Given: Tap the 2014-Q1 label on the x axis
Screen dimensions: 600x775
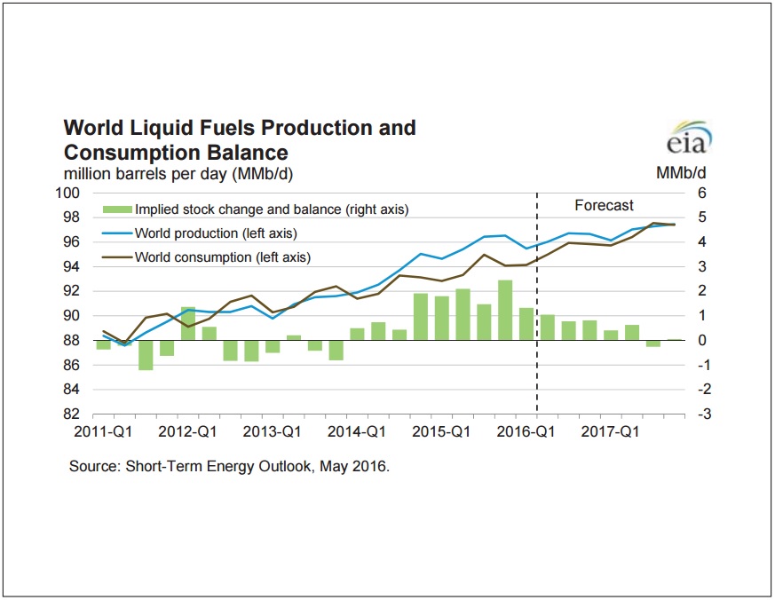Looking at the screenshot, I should pos(362,432).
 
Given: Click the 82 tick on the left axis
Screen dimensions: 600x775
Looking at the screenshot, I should pos(73,414).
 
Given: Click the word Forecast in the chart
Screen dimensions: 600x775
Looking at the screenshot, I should pos(604,206).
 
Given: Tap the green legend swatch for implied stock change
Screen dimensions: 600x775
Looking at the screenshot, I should pos(114,210).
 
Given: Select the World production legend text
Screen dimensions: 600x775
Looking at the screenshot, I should pos(215,233).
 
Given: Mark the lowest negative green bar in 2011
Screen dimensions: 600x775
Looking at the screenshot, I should pos(146,354).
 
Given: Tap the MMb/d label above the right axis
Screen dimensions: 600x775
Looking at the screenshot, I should pos(681,173).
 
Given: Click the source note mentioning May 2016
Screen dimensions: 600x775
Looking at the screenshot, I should pos(229,466).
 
